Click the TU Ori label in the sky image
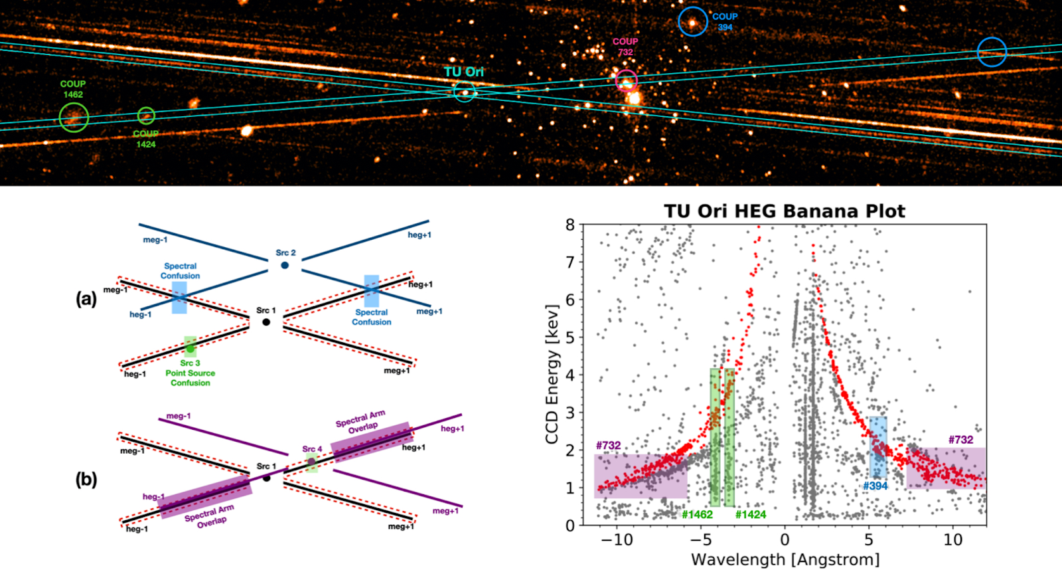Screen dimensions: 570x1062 463,72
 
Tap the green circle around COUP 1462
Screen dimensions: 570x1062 74,118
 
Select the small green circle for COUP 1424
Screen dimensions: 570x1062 146,116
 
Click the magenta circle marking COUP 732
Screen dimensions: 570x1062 626,81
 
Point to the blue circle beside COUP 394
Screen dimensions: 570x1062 693,22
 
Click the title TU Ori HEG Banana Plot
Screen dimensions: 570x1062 785,211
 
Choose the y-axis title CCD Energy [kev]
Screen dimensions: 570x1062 552,374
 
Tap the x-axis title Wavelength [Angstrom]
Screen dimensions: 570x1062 785,559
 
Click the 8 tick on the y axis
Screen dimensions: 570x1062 569,225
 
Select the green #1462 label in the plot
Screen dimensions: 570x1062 697,514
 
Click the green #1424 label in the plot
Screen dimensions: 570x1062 750,514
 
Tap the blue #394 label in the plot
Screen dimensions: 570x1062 875,486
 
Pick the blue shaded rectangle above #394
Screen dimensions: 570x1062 878,446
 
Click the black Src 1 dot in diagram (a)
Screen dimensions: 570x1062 266,322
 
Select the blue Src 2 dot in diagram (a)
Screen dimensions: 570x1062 285,265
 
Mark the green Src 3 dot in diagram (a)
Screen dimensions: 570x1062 190,348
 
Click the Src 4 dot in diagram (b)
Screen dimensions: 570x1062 311,461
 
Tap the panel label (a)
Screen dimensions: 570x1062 86,299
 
